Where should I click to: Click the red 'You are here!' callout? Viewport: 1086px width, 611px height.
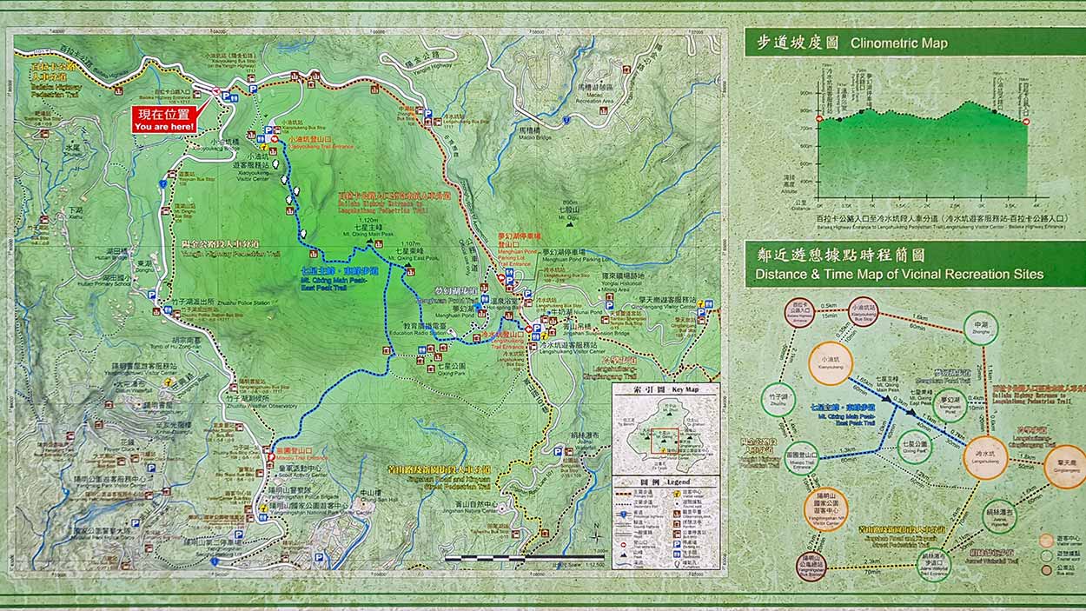coord(165,120)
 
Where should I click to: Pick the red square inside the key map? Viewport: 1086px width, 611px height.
coord(666,440)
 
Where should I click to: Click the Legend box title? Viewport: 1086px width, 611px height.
coord(666,481)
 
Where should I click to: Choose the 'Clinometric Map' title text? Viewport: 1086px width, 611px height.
coord(898,43)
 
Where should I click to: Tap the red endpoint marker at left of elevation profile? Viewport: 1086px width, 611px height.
coord(819,119)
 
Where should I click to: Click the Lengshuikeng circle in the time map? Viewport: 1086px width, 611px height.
coord(985,457)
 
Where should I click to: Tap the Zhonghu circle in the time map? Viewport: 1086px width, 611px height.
coord(980,327)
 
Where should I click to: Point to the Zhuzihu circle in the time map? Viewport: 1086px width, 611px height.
coord(778,400)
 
